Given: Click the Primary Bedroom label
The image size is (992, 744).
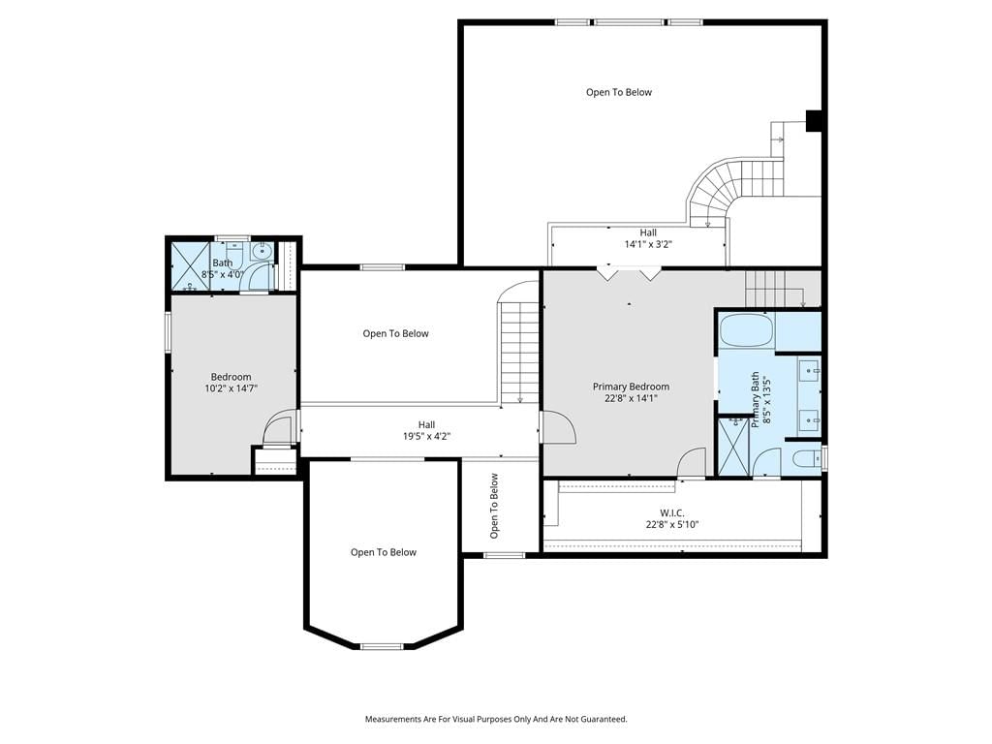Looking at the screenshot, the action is (x=631, y=387).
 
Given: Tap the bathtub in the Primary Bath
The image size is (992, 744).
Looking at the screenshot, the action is (x=747, y=330).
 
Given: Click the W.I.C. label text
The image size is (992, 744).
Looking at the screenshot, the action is (x=672, y=512).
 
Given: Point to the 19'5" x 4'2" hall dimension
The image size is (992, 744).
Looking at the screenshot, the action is (x=426, y=436).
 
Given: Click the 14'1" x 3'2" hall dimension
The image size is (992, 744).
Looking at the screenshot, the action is (x=648, y=243).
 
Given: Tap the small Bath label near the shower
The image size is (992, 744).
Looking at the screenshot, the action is (x=222, y=263).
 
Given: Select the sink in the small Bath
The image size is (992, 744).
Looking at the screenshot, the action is (x=262, y=252).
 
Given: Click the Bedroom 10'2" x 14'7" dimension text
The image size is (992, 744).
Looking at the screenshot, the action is (x=231, y=388).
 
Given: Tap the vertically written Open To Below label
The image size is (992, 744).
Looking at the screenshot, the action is (x=494, y=506).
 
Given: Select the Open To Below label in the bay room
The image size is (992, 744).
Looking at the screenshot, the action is (x=384, y=552).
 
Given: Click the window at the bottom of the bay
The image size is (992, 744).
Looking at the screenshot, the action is (x=382, y=646).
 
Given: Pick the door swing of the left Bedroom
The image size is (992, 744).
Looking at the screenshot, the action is (x=279, y=427).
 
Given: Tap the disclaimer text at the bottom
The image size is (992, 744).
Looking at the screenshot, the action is (x=496, y=720).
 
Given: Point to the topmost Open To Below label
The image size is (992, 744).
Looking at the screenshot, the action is (x=619, y=92).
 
